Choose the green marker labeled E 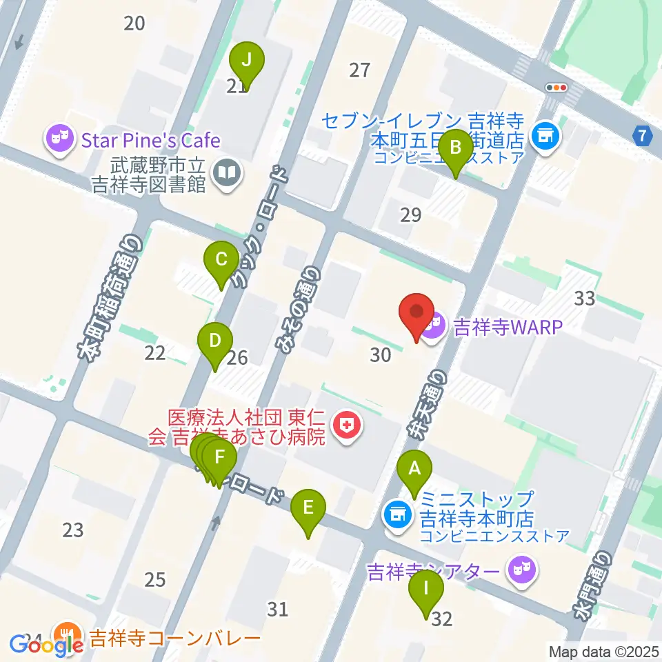click(308, 510)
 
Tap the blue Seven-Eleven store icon click(546, 135)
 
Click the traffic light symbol click(556, 88)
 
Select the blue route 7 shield click(643, 136)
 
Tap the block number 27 click(359, 70)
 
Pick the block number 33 click(584, 299)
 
